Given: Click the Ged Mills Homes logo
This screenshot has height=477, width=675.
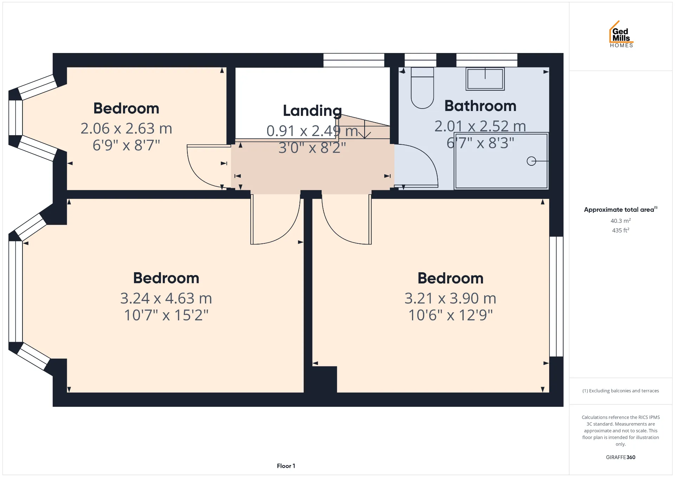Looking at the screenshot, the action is coord(621,34).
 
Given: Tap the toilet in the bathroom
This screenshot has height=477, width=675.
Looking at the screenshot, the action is coord(422,88).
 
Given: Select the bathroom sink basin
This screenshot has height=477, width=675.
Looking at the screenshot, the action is coord(485,79).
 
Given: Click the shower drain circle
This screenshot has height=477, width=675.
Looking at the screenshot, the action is coord(531,161).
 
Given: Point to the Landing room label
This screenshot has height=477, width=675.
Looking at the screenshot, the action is coord(312,111).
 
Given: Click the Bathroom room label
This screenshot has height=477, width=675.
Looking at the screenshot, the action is coord(480,106).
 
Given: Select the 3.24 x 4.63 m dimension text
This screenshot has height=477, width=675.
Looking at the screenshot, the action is coord(166,298).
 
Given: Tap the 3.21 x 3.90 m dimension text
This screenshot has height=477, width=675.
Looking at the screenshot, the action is coord(450,298).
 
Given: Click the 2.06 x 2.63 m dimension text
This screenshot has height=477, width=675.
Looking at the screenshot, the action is coord(126,129).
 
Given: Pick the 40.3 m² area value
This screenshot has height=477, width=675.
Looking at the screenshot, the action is coord(621,221).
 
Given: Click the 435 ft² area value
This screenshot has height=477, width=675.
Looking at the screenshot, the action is coord(621,230).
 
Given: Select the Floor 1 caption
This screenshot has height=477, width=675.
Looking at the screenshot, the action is coord(286,466).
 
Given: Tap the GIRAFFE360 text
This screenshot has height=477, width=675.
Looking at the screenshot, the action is coord(621,457).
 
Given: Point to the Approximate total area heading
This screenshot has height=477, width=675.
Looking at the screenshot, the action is coord(621,209).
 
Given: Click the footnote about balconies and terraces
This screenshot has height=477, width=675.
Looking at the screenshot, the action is coord(621,391).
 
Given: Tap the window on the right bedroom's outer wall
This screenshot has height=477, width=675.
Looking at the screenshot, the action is coord(556,296).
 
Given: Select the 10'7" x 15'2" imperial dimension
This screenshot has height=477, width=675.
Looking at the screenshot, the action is coord(166,315).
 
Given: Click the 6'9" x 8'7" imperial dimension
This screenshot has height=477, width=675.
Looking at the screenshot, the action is coord(126,145).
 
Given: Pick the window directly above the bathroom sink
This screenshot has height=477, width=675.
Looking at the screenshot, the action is coord(487,60).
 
